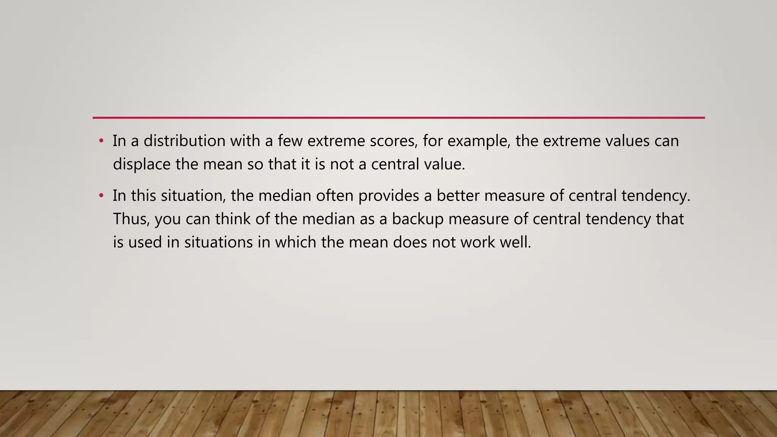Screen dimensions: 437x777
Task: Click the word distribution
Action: tap(184, 141)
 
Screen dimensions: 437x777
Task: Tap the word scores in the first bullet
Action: tap(394, 141)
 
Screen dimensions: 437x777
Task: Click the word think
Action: tap(233, 219)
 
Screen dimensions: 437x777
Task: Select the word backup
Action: tap(418, 220)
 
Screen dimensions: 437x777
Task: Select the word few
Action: tap(290, 141)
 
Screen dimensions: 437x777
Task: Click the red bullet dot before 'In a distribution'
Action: tap(101, 141)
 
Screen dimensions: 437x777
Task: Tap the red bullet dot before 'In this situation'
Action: tap(101, 196)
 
